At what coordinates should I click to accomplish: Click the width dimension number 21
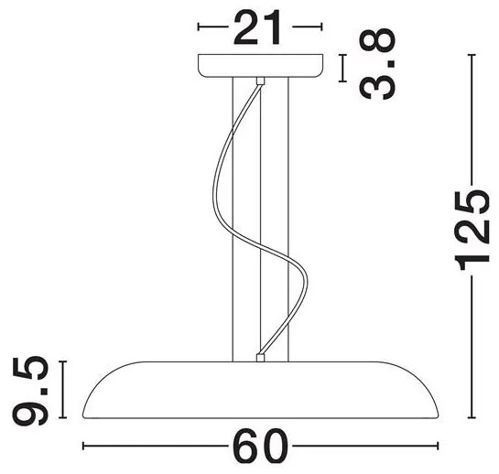pyautogui.click(x=261, y=27)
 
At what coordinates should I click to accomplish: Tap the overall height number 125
pyautogui.click(x=472, y=232)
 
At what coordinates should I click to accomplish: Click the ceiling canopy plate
pyautogui.click(x=261, y=66)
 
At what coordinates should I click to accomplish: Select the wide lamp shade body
pyautogui.click(x=262, y=390)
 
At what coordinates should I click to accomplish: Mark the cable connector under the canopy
pyautogui.click(x=262, y=81)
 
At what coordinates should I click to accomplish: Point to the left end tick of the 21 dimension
pyautogui.click(x=201, y=28)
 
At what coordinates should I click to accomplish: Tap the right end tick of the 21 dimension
pyautogui.click(x=322, y=28)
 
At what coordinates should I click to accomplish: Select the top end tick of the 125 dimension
pyautogui.click(x=472, y=56)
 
